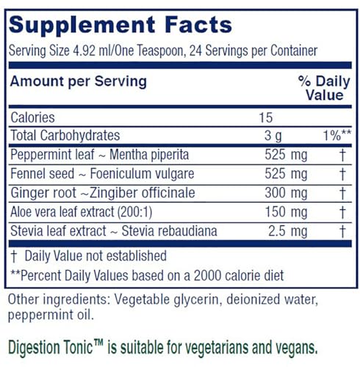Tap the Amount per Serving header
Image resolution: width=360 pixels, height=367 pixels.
point(77,82)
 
